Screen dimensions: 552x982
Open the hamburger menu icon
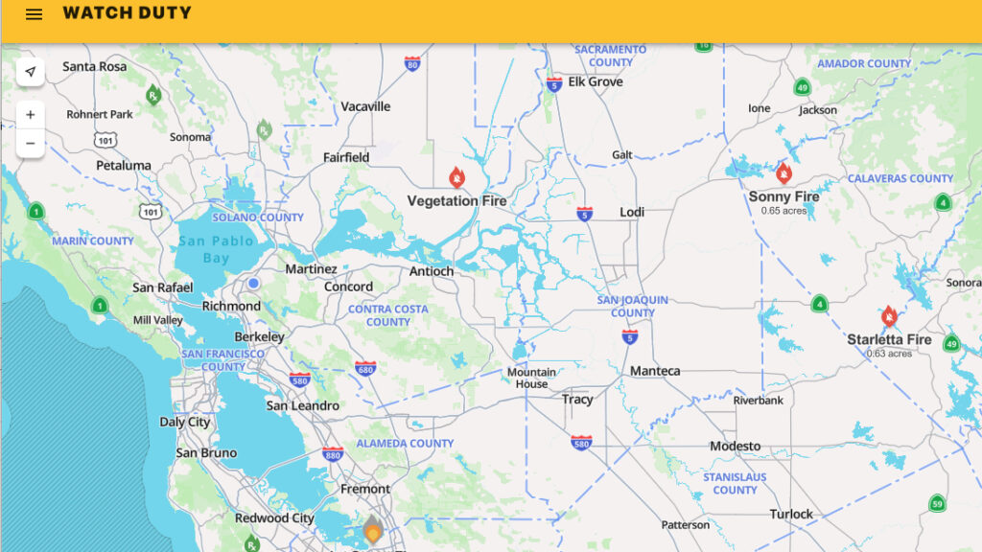tap(34, 14)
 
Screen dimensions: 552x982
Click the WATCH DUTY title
tap(127, 13)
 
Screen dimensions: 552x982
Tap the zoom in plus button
tap(31, 115)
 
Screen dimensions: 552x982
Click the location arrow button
tap(31, 72)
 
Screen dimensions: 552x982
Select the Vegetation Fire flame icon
tap(457, 178)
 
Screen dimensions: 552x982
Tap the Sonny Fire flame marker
tap(783, 173)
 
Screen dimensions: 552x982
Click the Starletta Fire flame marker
tap(889, 317)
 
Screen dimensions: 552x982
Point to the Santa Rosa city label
tap(95, 66)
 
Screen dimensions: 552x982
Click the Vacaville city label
tap(365, 106)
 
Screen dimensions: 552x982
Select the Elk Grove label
tap(596, 81)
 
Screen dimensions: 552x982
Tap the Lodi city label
tap(632, 212)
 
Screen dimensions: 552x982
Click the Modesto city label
tap(735, 446)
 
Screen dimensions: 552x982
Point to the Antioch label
tap(432, 271)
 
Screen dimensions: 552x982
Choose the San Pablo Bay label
tap(216, 249)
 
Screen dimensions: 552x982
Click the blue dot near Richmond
tap(253, 283)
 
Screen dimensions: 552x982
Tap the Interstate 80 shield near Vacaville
tap(412, 64)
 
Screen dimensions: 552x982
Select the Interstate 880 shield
tap(332, 453)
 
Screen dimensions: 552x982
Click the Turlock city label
tap(791, 514)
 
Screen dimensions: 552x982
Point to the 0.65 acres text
tap(783, 211)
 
